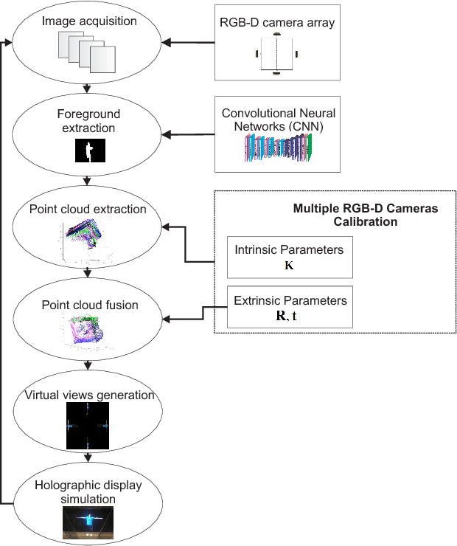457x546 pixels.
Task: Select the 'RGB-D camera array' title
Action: pyautogui.click(x=277, y=22)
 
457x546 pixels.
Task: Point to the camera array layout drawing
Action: pyautogui.click(x=276, y=54)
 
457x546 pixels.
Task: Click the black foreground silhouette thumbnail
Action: pyautogui.click(x=91, y=151)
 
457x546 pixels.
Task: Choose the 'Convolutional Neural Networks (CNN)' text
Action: pyautogui.click(x=278, y=120)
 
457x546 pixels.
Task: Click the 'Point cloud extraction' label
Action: pyautogui.click(x=88, y=209)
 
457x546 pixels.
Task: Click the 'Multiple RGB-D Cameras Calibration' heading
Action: pyautogui.click(x=365, y=215)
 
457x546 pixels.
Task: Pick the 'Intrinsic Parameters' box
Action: pyautogui.click(x=289, y=256)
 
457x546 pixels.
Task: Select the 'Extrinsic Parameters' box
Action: pyautogui.click(x=290, y=307)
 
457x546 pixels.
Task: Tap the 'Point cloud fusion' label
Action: pyautogui.click(x=88, y=305)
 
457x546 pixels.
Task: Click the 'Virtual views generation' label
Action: pyautogui.click(x=89, y=395)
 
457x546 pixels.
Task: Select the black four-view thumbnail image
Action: pyautogui.click(x=88, y=426)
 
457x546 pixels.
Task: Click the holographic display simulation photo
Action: pyautogui.click(x=88, y=522)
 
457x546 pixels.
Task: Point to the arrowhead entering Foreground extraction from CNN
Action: pyautogui.click(x=167, y=134)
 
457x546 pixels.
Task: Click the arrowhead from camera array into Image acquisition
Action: pyautogui.click(x=167, y=43)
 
